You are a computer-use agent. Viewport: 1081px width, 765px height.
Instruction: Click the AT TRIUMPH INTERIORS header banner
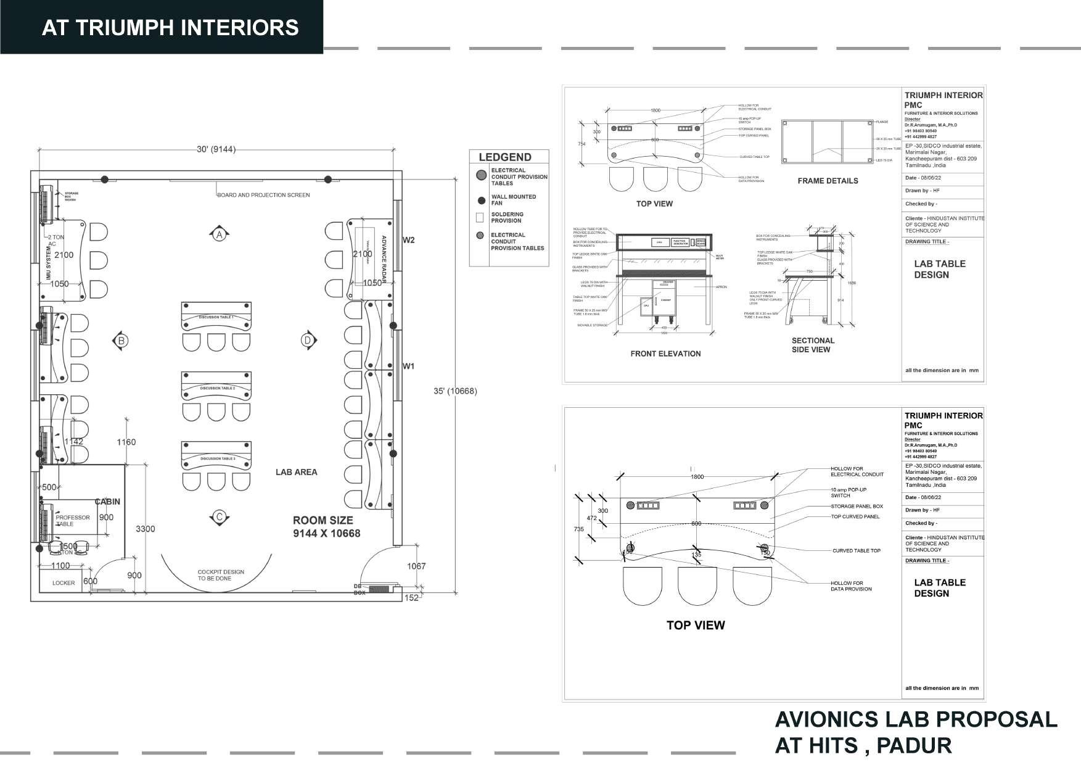170,28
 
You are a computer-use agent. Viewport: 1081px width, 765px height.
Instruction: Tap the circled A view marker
219,234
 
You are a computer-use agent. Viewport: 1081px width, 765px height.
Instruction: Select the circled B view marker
121,341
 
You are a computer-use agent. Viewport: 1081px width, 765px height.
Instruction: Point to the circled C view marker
218,517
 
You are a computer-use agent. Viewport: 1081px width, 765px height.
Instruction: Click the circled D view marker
308,340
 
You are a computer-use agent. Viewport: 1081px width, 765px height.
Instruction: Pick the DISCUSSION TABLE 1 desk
216,317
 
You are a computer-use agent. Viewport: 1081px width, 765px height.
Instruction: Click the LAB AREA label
296,472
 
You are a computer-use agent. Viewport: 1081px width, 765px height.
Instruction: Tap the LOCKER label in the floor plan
64,583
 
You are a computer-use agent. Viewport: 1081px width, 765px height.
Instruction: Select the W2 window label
409,240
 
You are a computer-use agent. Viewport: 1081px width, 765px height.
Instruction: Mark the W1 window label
409,366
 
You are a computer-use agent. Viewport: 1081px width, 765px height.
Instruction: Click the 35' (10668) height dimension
455,391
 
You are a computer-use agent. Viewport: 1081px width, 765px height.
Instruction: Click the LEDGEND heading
504,157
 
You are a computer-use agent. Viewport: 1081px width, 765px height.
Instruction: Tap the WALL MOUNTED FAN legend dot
482,201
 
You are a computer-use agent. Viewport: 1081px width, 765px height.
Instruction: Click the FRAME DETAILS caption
828,181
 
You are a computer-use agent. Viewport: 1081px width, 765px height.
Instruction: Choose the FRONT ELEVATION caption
665,354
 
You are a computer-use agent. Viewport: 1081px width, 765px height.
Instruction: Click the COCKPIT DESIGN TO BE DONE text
220,575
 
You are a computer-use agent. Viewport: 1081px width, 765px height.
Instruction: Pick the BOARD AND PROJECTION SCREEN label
263,195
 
